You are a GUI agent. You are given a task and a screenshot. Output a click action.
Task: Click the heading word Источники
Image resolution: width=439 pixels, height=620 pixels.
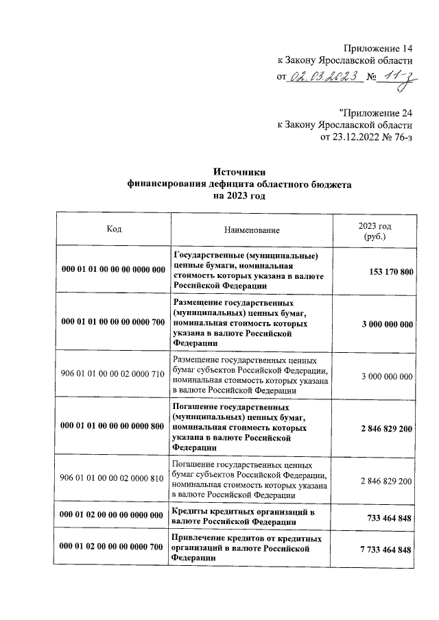239,173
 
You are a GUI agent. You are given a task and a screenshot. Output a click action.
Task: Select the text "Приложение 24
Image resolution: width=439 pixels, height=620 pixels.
375,112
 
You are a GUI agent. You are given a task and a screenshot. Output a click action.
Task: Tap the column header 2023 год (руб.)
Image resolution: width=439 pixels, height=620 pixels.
375,231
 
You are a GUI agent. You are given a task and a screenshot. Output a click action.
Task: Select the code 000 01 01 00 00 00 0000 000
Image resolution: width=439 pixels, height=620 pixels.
113,269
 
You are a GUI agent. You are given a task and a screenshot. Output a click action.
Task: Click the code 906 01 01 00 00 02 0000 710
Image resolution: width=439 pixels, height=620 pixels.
113,375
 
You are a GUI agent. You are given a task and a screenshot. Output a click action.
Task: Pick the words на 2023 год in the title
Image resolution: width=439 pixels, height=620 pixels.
239,196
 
